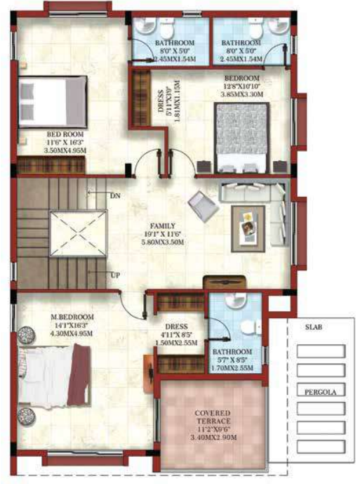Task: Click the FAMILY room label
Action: [x=161, y=225]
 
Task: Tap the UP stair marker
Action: [x=114, y=275]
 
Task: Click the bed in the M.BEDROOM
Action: [x=51, y=373]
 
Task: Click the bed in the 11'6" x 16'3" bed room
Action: [x=50, y=100]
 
